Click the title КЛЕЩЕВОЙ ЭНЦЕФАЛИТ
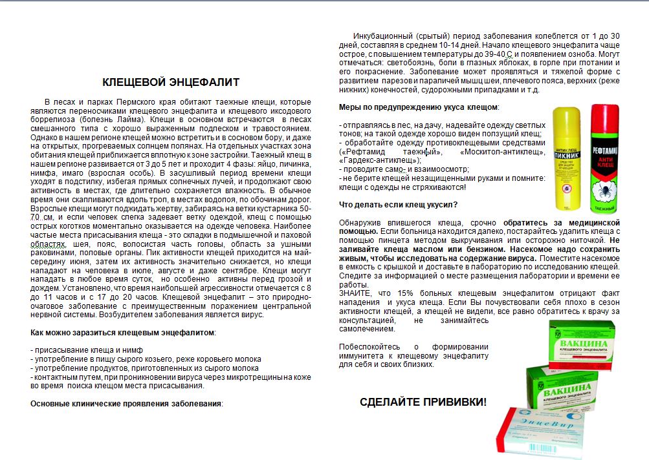click(x=171, y=82)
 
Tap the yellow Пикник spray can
click(x=569, y=162)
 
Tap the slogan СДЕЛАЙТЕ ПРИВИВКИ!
click(x=423, y=402)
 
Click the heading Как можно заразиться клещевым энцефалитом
click(x=122, y=332)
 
